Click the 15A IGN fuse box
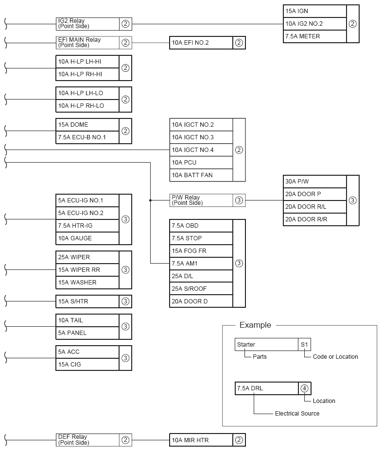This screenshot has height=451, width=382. (x=314, y=11)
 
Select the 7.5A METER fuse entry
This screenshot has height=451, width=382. (x=314, y=36)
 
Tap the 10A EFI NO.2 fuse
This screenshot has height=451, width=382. (x=201, y=43)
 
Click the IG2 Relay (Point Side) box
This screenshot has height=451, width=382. (x=87, y=24)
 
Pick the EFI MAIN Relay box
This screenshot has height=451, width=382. (x=87, y=43)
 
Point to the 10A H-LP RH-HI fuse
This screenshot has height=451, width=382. (x=87, y=74)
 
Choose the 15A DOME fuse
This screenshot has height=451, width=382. (x=87, y=125)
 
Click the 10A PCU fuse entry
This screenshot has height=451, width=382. (x=201, y=163)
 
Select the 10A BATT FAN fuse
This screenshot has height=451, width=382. (x=201, y=175)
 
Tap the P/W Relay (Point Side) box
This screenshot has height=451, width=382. (x=201, y=200)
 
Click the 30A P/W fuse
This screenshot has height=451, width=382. (x=314, y=182)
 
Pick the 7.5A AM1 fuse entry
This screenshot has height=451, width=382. (x=201, y=264)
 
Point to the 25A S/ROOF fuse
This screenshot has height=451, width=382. (x=201, y=289)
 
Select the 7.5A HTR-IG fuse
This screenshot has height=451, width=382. (x=87, y=226)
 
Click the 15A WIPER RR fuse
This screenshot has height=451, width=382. (x=87, y=270)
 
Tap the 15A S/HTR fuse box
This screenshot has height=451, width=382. (x=87, y=301)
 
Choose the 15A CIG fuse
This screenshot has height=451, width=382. (x=87, y=365)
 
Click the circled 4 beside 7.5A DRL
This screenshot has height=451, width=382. (x=304, y=388)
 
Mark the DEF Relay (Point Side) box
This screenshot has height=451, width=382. (x=87, y=440)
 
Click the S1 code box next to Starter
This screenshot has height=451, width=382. (x=304, y=345)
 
